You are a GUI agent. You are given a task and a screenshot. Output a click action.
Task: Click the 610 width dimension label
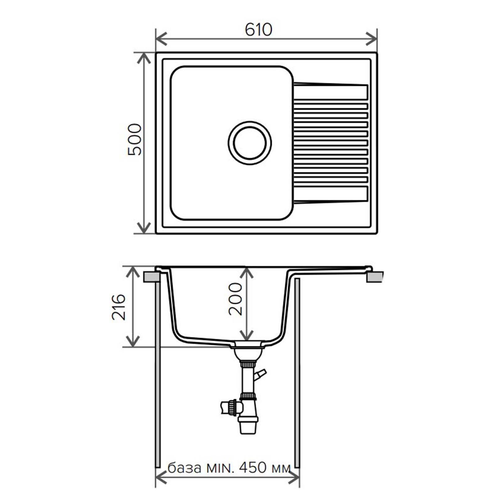(x=258, y=30)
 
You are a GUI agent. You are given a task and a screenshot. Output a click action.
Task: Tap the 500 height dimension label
(x=135, y=139)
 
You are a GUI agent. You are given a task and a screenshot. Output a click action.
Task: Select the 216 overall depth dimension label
(x=119, y=307)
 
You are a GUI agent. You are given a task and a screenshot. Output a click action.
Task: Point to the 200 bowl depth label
(x=235, y=299)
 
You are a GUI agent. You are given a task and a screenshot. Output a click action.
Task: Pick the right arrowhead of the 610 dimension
(x=371, y=39)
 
